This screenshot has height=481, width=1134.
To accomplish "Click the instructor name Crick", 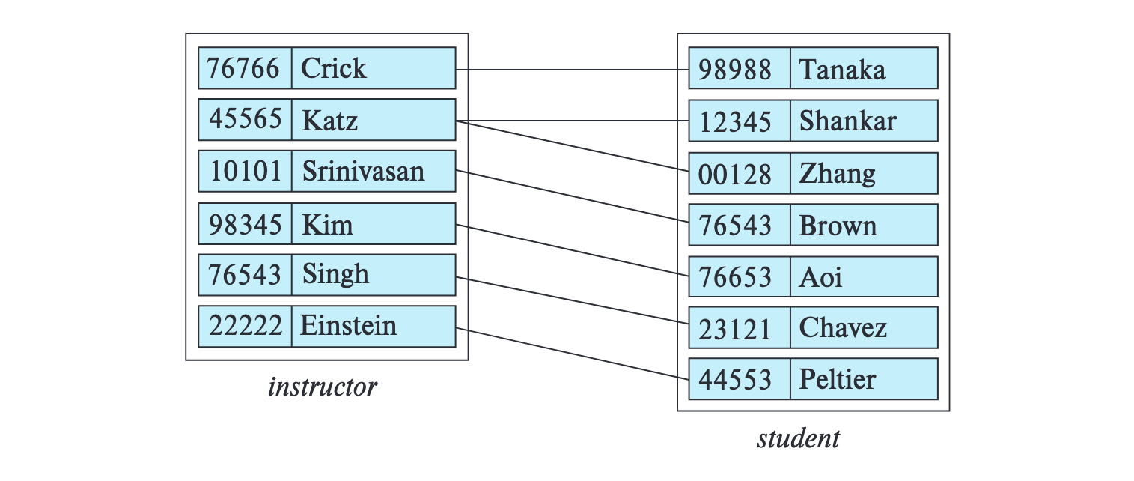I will (333, 68).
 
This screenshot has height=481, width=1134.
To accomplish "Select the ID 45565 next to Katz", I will (246, 120).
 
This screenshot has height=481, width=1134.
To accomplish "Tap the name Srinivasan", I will (363, 172).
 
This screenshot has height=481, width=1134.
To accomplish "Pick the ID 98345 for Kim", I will (246, 224).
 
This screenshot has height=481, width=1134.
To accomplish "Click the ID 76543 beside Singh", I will (246, 275).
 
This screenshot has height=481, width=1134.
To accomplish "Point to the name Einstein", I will (348, 326).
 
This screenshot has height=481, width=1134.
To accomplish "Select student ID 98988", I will (734, 70).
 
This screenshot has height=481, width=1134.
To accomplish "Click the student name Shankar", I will (847, 121).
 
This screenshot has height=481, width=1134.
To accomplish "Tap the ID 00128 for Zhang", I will (734, 175).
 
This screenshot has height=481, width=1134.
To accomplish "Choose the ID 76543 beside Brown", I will (734, 226).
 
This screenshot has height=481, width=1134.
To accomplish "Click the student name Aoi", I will (820, 278).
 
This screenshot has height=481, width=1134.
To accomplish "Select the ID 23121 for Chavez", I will (734, 329).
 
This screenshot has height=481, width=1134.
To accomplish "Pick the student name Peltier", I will (837, 380).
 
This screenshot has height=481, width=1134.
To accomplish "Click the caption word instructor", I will (323, 387).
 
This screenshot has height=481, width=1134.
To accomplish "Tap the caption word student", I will (798, 438).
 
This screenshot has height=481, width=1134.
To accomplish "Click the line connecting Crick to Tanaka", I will (573, 70).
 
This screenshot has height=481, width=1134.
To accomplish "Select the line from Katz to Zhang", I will (573, 146).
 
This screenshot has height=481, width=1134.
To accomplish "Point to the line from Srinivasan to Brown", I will (573, 196).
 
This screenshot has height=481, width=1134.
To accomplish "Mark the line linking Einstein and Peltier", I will (573, 354).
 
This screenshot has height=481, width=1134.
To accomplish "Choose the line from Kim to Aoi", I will (573, 250).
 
